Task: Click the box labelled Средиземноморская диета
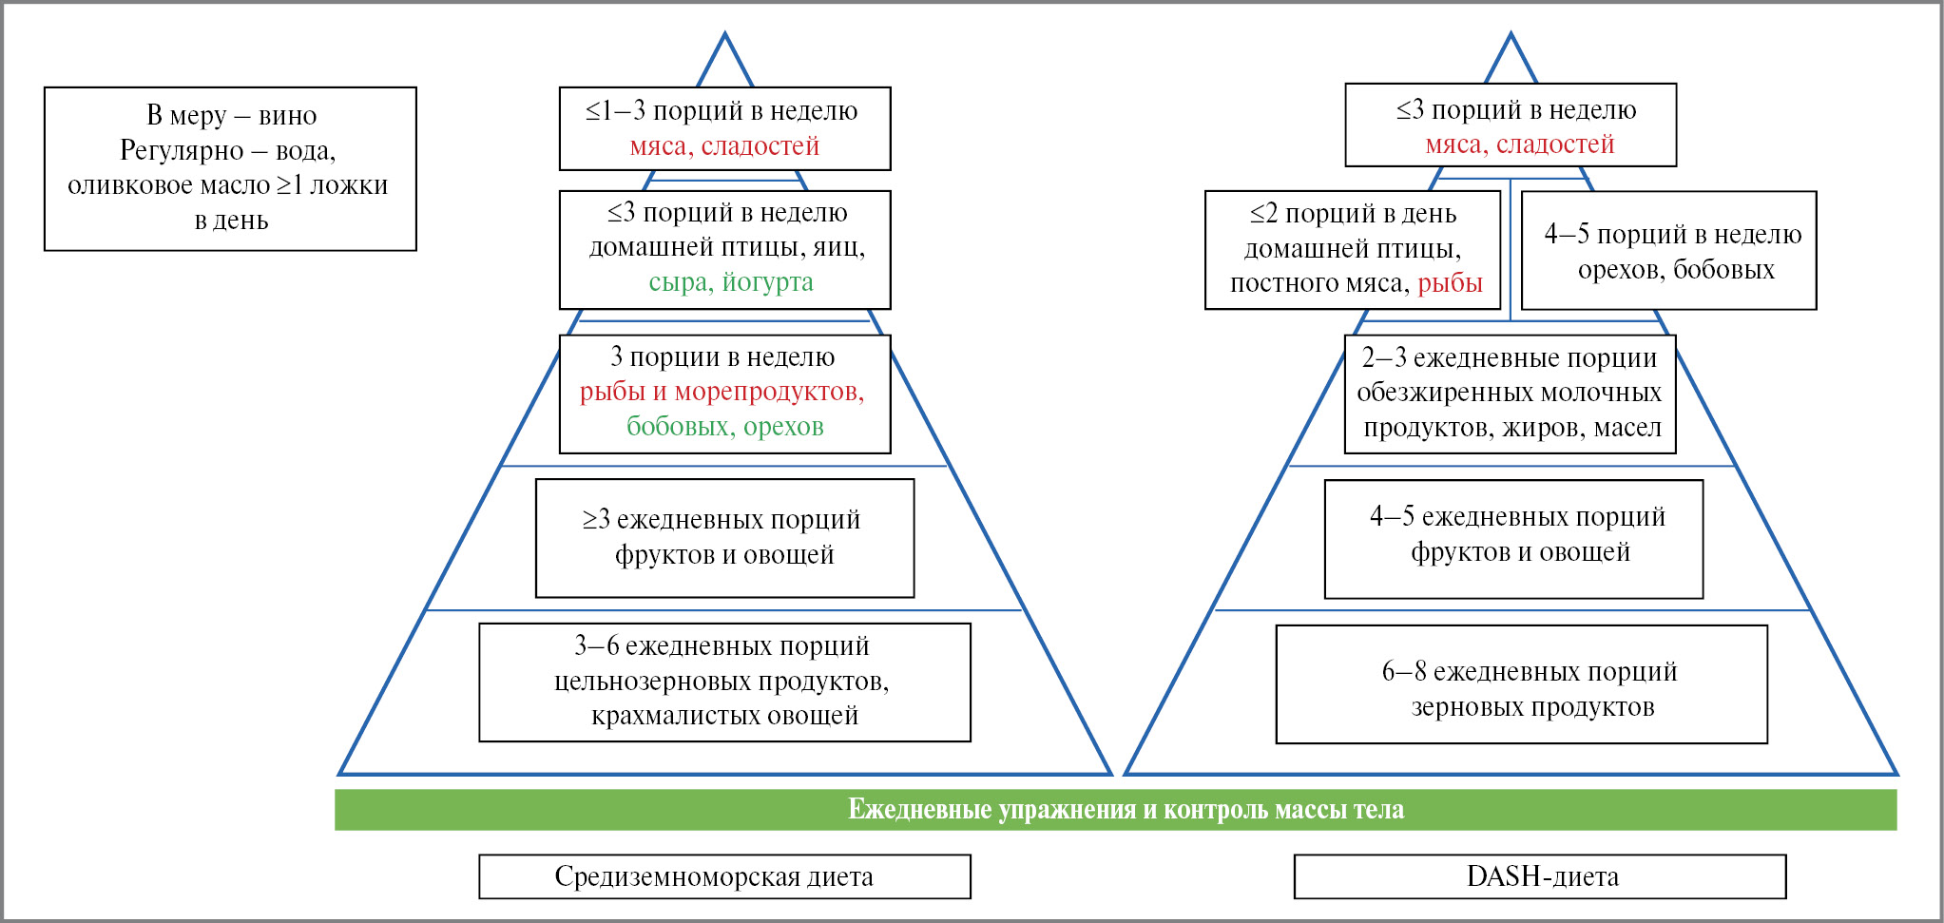(x=724, y=876)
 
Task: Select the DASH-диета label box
(x=1540, y=876)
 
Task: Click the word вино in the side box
(x=287, y=116)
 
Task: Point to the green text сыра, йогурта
(x=730, y=282)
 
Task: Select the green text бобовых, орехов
(x=724, y=427)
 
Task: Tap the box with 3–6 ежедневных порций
(x=724, y=682)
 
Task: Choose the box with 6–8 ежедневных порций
(x=1521, y=684)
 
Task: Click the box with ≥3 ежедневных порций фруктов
(x=724, y=538)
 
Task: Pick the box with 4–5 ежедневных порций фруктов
(x=1513, y=539)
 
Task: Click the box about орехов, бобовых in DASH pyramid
(x=1668, y=251)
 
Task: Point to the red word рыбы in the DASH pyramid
(x=1450, y=283)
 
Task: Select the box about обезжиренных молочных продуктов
(x=1510, y=394)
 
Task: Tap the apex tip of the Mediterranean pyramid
(x=724, y=36)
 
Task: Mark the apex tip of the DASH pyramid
(x=1511, y=36)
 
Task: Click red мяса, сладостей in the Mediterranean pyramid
(x=724, y=146)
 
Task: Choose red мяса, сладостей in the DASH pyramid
(x=1519, y=144)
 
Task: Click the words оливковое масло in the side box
(x=168, y=185)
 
